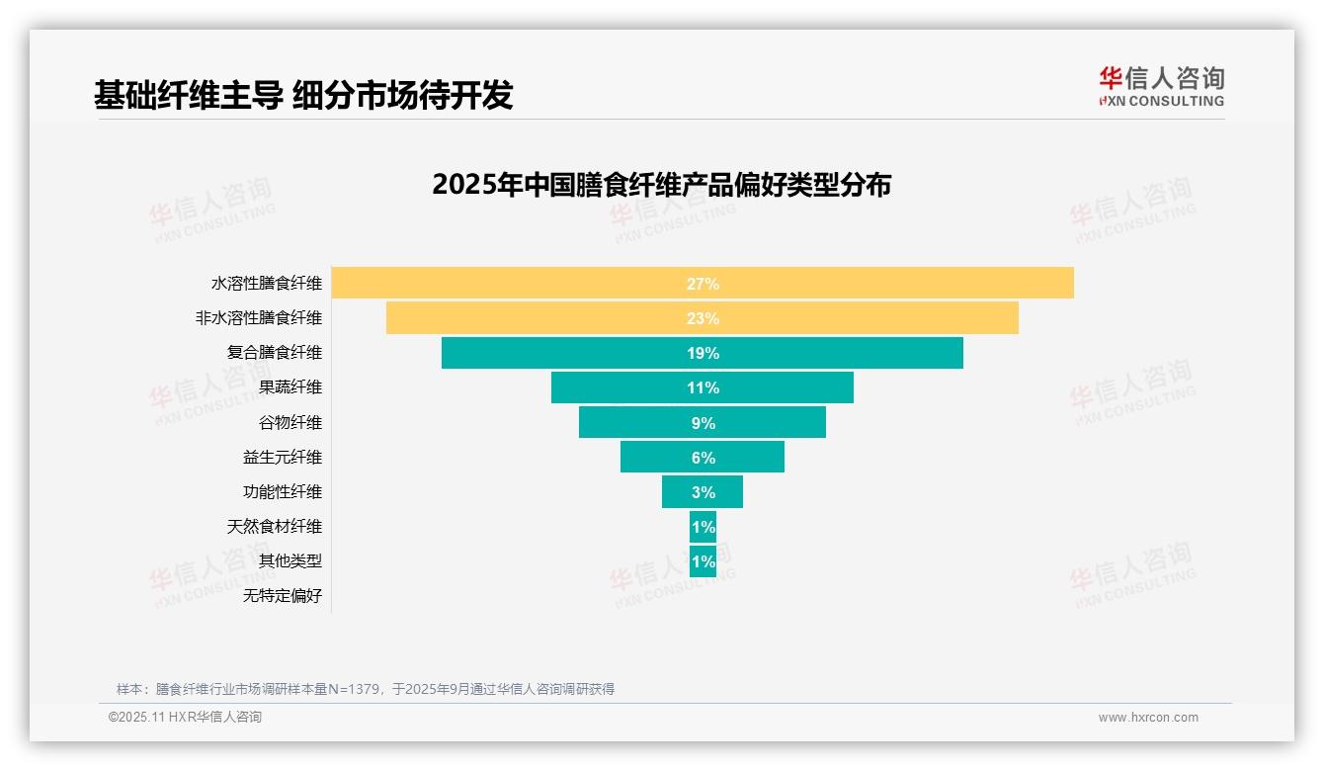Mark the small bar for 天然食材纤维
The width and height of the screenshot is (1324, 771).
click(x=703, y=527)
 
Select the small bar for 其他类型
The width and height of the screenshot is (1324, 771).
click(x=703, y=561)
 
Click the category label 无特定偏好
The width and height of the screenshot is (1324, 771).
click(x=283, y=596)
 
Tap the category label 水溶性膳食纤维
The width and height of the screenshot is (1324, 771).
click(x=267, y=284)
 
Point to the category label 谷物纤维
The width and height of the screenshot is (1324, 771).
click(x=290, y=423)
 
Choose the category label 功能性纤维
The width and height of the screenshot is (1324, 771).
click(x=283, y=492)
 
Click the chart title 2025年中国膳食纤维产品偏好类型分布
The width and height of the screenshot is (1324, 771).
click(x=661, y=185)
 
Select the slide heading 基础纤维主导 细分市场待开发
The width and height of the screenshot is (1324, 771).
click(x=303, y=95)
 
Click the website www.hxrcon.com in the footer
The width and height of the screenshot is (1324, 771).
click(x=1148, y=718)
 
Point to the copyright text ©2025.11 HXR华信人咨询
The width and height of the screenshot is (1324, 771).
click(x=185, y=718)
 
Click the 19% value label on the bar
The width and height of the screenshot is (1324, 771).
click(x=703, y=353)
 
